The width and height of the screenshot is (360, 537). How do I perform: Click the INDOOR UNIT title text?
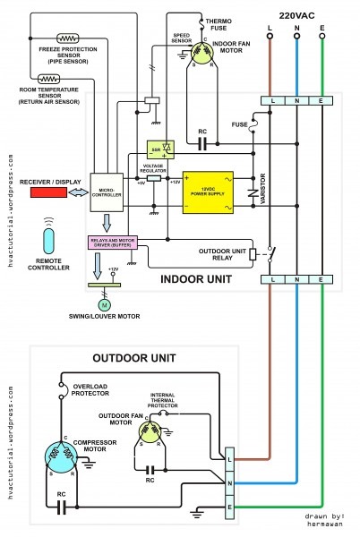(x=197, y=279)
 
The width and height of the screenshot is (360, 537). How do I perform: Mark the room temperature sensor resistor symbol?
(x=42, y=81)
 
